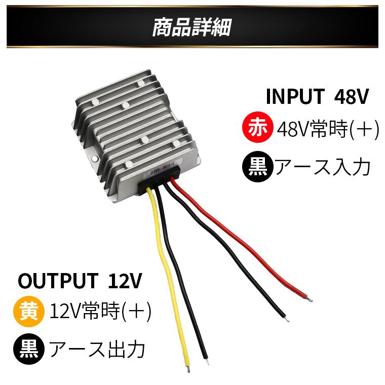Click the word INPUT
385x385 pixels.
(x=295, y=96)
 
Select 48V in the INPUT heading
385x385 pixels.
(x=352, y=96)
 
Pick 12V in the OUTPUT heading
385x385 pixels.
(x=125, y=280)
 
